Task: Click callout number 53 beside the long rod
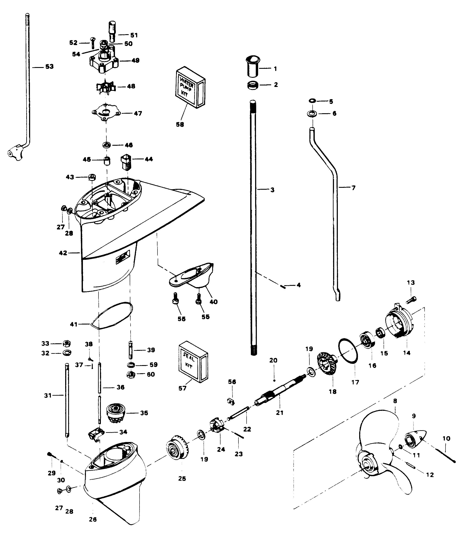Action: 49,67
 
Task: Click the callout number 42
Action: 63,253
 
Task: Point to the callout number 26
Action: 93,519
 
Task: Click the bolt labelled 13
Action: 411,299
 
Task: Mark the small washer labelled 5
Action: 312,101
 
